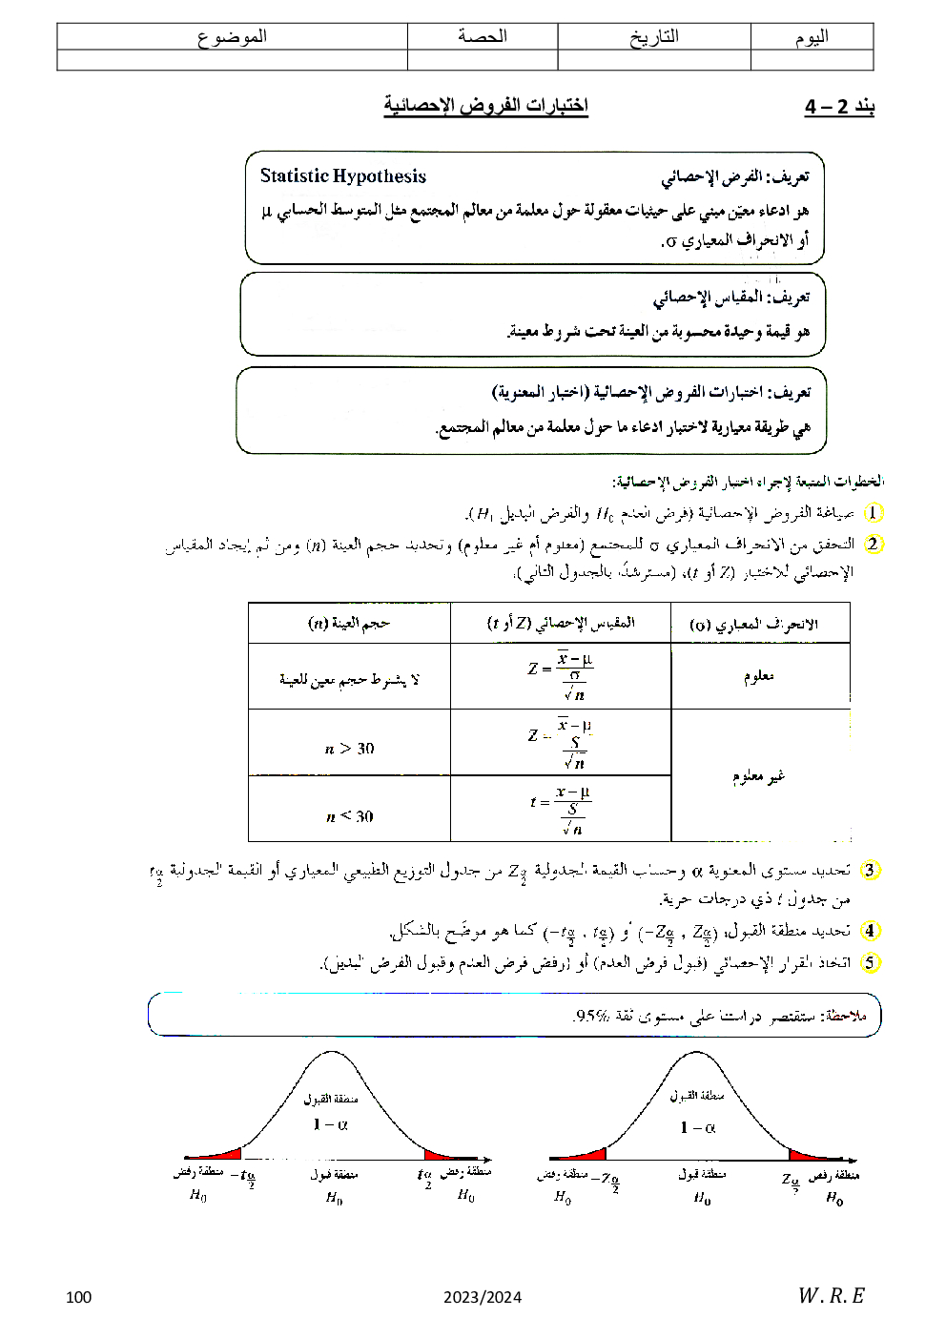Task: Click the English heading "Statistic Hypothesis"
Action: click(342, 176)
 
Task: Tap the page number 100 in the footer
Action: click(79, 1296)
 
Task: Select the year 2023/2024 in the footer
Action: click(483, 1296)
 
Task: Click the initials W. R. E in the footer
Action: click(831, 1295)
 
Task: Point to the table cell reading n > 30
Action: click(349, 749)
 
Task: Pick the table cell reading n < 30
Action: click(349, 816)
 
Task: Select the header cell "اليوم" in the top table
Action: click(812, 37)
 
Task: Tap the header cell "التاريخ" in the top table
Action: click(654, 37)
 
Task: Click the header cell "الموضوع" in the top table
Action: click(232, 37)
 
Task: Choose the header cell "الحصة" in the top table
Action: click(483, 37)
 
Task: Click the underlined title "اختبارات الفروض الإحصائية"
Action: click(485, 105)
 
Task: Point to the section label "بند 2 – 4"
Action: click(839, 106)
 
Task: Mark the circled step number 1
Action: click(874, 513)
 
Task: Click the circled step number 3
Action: click(869, 870)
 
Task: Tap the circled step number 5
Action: click(869, 962)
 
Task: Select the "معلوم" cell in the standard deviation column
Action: click(759, 676)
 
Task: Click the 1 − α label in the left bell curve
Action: click(330, 1124)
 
